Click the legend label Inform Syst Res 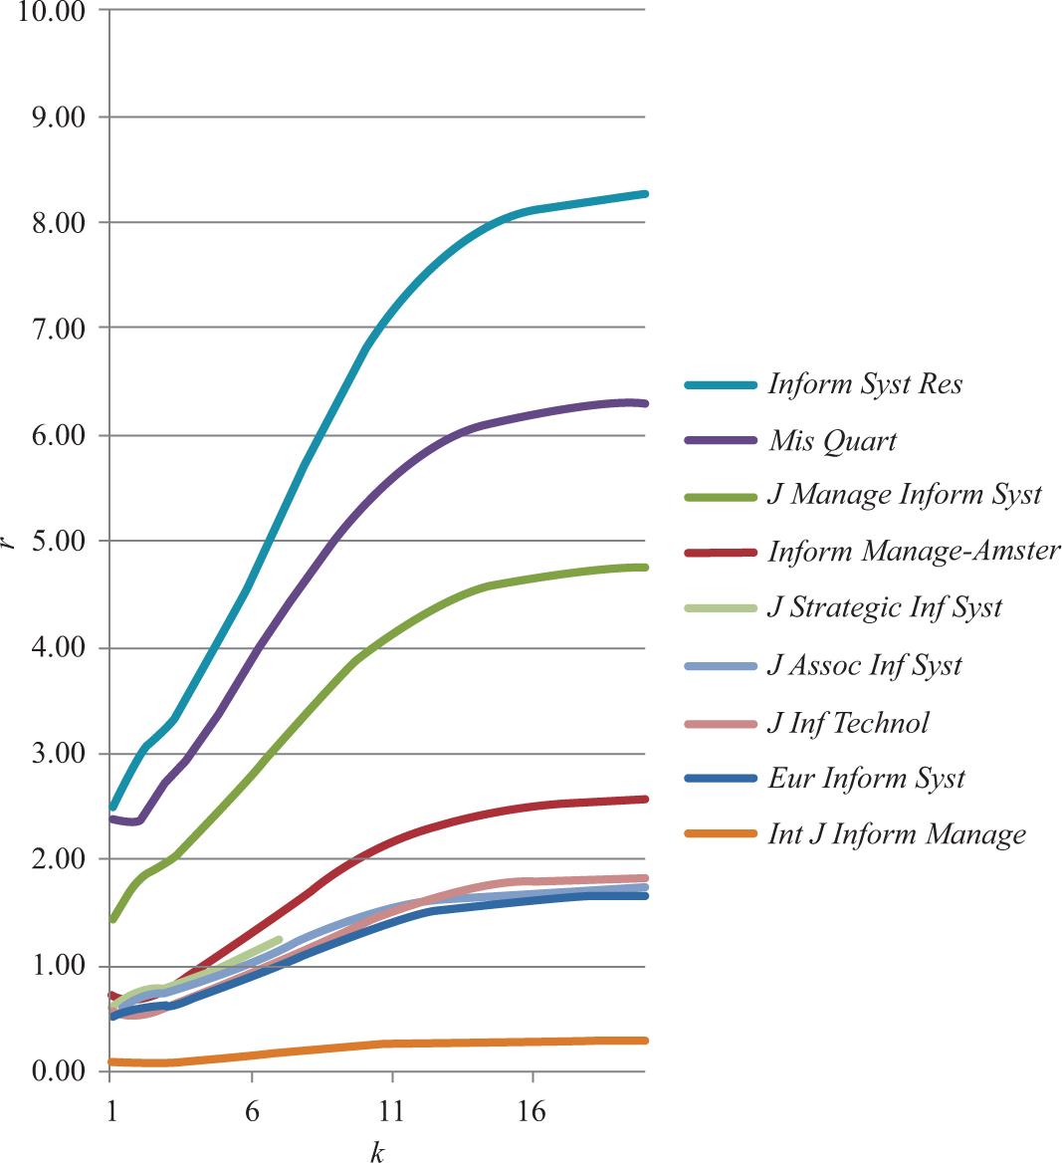[x=865, y=384]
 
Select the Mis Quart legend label [x=832, y=441]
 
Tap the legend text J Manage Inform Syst [x=904, y=495]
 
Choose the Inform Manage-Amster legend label [x=914, y=551]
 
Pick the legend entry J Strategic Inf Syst [x=884, y=607]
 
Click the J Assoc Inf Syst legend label [x=864, y=664]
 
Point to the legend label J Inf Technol [x=847, y=722]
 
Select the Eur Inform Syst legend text [x=866, y=778]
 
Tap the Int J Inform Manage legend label [x=896, y=833]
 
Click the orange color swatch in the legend [x=721, y=833]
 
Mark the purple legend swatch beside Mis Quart [x=721, y=440]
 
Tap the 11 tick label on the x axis [x=392, y=1111]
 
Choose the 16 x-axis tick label [x=532, y=1111]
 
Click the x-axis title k [x=377, y=1152]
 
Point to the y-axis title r [x=9, y=541]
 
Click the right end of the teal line [x=646, y=194]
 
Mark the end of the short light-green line [x=280, y=939]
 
